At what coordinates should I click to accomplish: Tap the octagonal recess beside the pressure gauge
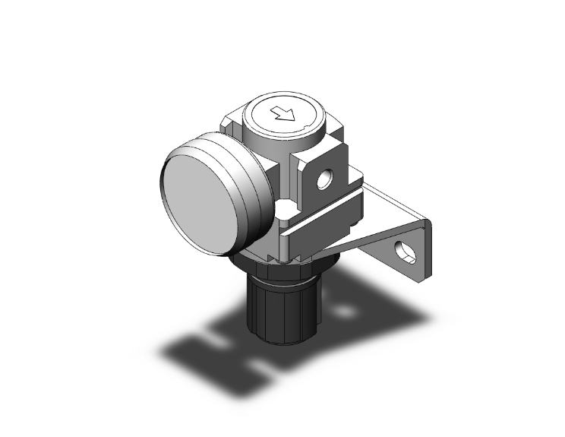tap(286, 209)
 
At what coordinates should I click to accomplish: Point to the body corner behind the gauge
tap(229, 122)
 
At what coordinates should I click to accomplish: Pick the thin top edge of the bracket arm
tap(395, 199)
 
